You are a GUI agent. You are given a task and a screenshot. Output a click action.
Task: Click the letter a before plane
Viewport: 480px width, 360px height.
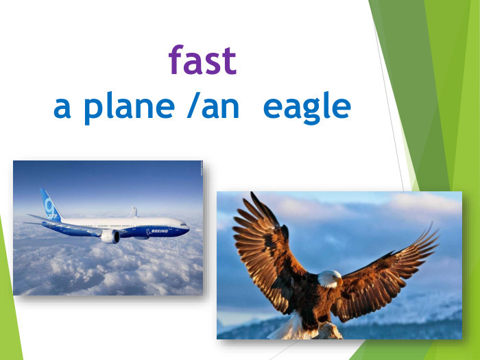(62, 108)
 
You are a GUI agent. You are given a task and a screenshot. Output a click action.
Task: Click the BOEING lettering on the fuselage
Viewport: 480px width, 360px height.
(158, 231)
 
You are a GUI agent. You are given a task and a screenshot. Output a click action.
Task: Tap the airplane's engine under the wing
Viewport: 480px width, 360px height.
(110, 236)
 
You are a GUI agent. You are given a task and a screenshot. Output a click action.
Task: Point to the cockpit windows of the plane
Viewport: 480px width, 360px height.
(182, 222)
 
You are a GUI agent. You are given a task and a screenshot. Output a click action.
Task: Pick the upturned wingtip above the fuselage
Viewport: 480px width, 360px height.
(134, 212)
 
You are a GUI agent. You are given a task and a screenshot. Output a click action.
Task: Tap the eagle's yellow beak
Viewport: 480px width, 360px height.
(339, 282)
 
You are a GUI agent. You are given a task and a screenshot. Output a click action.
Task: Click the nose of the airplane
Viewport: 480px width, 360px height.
(189, 226)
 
